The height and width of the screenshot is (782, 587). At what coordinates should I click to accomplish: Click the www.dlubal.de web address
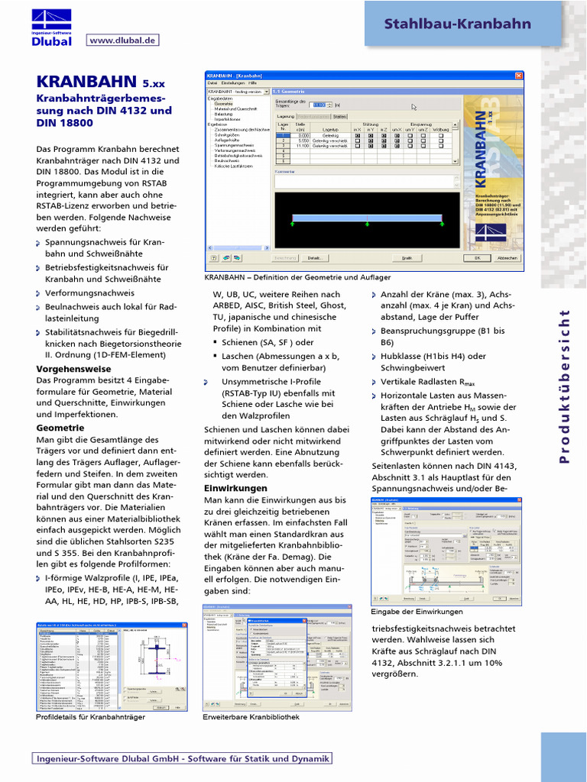click(x=122, y=40)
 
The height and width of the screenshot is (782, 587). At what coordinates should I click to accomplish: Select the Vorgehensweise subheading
click(x=73, y=368)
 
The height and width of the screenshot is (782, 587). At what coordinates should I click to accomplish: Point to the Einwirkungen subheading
click(x=235, y=487)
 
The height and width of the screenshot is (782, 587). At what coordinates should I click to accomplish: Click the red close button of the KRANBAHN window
click(x=519, y=76)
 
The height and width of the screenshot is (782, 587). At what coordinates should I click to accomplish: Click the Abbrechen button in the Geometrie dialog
click(x=508, y=258)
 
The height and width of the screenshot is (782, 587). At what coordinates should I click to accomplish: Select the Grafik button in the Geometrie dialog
click(x=407, y=258)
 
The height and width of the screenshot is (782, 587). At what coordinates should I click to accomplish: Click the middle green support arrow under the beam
click(x=367, y=224)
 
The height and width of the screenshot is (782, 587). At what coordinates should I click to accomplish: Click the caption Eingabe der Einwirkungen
click(x=417, y=612)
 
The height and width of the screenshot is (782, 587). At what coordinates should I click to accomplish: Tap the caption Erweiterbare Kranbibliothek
click(x=251, y=717)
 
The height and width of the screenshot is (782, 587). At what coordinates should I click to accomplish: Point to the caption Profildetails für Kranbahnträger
click(x=90, y=717)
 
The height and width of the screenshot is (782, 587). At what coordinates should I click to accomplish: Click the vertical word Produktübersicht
click(x=566, y=386)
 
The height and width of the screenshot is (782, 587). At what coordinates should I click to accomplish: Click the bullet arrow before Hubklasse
click(x=375, y=357)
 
